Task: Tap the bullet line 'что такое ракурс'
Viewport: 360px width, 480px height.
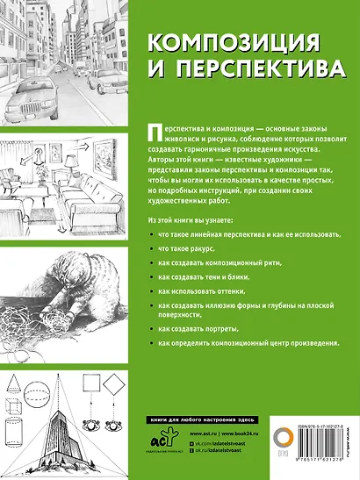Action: pyautogui.click(x=184, y=250)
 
